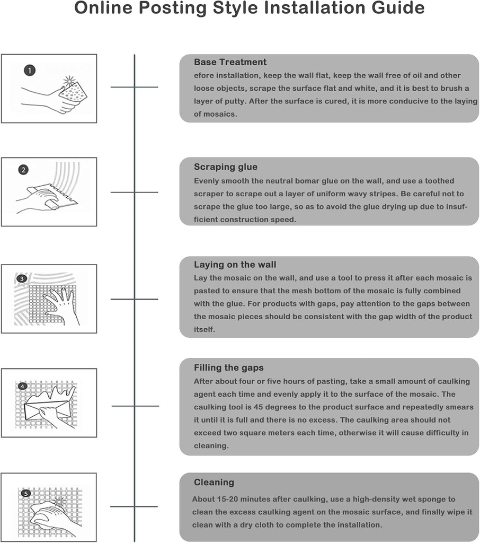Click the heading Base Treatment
230,62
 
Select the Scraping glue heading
226,167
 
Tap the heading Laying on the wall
235,265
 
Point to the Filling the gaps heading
229,368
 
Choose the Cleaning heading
214,482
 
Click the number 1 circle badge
30,71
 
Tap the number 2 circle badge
23,170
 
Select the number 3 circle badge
22,278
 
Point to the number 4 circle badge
22,386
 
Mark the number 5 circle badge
25,493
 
